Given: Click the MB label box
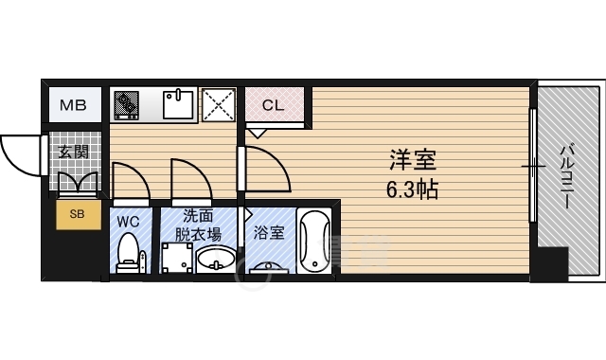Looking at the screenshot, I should (x=74, y=105).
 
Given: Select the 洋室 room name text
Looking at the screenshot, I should (x=409, y=158).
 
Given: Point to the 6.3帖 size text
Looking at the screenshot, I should (x=411, y=189).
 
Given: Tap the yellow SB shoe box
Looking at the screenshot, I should (x=77, y=215).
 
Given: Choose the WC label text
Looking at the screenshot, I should (x=129, y=222).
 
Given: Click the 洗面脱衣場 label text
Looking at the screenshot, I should (x=202, y=225).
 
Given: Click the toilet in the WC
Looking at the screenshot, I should (x=129, y=254).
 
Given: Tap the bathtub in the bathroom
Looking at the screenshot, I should (x=313, y=242).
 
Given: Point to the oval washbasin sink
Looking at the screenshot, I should (x=216, y=258).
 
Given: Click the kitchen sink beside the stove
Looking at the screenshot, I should (x=178, y=104).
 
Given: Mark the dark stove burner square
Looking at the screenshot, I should (x=126, y=104).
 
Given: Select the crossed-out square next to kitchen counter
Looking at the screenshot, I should (x=219, y=104).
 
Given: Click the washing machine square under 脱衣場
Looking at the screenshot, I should (x=174, y=258).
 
